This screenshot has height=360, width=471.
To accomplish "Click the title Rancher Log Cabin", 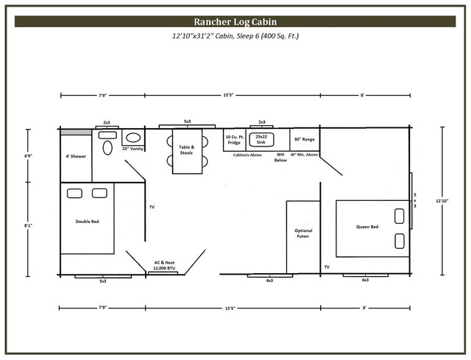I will click(x=235, y=21).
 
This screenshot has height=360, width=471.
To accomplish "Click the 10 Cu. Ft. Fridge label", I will click(x=233, y=139).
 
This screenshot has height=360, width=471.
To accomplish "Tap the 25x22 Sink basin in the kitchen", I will click(x=261, y=139).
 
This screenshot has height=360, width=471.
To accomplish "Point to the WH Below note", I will click(x=280, y=157).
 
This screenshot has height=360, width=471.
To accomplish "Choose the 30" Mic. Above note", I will click(x=304, y=155).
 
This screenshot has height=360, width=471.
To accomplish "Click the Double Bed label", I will click(x=87, y=221).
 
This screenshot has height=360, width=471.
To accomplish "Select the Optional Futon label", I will click(x=303, y=233).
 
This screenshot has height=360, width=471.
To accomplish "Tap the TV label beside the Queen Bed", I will click(x=326, y=266).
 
